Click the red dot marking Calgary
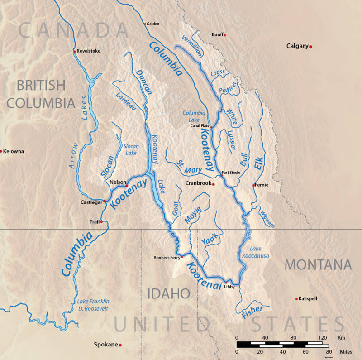click(x=311, y=47)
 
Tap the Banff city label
click(x=218, y=34)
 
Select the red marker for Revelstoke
click(x=75, y=51)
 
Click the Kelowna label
click(x=14, y=151)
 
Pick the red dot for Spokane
click(x=120, y=345)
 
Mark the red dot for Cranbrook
click(x=213, y=184)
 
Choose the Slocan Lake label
click(x=131, y=149)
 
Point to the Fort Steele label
click(x=230, y=172)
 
